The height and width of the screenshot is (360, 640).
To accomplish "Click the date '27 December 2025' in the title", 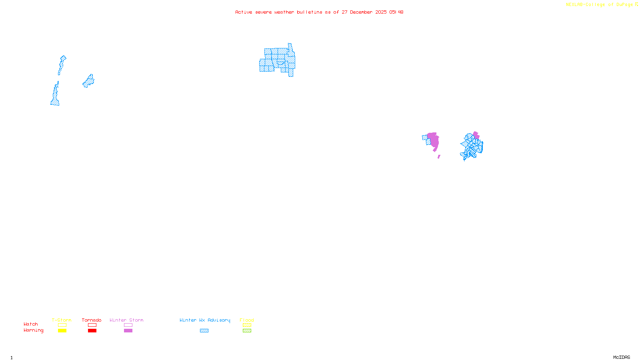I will (x=364, y=12).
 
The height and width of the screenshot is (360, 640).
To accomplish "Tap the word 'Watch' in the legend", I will (x=31, y=324).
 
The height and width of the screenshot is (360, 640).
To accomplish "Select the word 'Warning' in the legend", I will (x=33, y=330).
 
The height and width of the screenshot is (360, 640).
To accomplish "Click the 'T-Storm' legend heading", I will (x=62, y=320).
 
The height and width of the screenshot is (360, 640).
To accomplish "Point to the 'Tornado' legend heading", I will (x=92, y=320).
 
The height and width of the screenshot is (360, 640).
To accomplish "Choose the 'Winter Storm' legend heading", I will (x=126, y=320).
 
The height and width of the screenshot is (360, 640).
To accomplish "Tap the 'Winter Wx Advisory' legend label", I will (x=205, y=320).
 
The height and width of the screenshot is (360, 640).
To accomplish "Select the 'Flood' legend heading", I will (x=247, y=320).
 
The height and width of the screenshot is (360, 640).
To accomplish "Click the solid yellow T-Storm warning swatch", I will (x=62, y=331).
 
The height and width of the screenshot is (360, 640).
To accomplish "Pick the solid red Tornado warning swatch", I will (x=92, y=331).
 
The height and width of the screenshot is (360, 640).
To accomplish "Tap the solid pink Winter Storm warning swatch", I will (x=128, y=331).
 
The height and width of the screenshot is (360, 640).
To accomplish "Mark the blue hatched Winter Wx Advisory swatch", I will (x=204, y=331).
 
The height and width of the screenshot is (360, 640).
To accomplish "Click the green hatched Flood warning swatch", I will (x=247, y=331).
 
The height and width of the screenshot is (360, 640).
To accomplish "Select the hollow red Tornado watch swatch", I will (x=92, y=325).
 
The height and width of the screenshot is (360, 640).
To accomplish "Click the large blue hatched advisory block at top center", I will (x=278, y=60).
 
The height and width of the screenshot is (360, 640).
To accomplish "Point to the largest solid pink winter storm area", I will (x=434, y=141).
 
